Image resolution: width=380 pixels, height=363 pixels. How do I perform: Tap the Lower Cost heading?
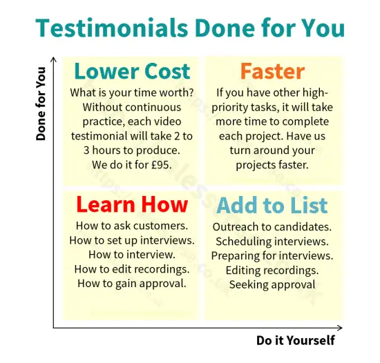pos(131,71)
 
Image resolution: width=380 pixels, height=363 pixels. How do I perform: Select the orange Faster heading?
pos(272,71)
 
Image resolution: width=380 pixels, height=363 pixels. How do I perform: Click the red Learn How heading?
pos(131,204)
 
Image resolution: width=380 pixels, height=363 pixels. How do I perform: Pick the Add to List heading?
pos(272,205)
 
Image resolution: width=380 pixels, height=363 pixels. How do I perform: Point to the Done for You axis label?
pos(41,104)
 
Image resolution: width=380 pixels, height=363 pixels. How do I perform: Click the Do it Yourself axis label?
pos(295,340)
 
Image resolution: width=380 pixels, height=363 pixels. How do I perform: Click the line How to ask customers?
pos(131,226)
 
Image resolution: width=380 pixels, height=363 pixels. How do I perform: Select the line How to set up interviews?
pos(131,240)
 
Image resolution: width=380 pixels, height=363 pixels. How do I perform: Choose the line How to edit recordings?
pos(131,269)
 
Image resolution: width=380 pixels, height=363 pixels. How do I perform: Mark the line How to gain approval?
pos(131,284)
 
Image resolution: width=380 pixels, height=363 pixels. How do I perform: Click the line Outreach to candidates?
pos(272,226)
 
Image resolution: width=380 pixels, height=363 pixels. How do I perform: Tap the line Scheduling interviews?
pos(272,241)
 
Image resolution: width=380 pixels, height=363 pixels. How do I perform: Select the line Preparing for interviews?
pos(272,255)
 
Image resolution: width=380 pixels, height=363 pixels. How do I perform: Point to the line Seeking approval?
pos(272,284)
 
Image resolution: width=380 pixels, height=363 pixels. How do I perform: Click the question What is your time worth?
pos(131,92)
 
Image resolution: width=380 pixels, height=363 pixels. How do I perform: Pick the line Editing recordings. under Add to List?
pos(272,270)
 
